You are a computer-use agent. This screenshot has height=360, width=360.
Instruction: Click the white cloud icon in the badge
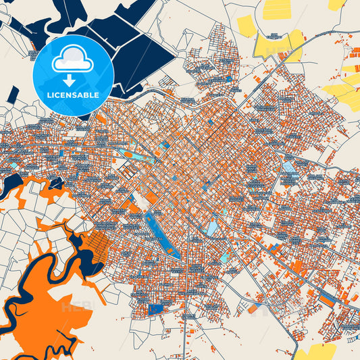coord(73,59)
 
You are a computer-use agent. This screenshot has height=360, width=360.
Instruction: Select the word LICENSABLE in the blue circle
coord(72,95)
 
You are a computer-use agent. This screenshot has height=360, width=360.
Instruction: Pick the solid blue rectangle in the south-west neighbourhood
coord(155,309)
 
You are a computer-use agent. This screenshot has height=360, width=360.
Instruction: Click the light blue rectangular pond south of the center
coord(212,228)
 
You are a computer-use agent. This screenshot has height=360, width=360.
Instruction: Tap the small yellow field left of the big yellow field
coord(246,26)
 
